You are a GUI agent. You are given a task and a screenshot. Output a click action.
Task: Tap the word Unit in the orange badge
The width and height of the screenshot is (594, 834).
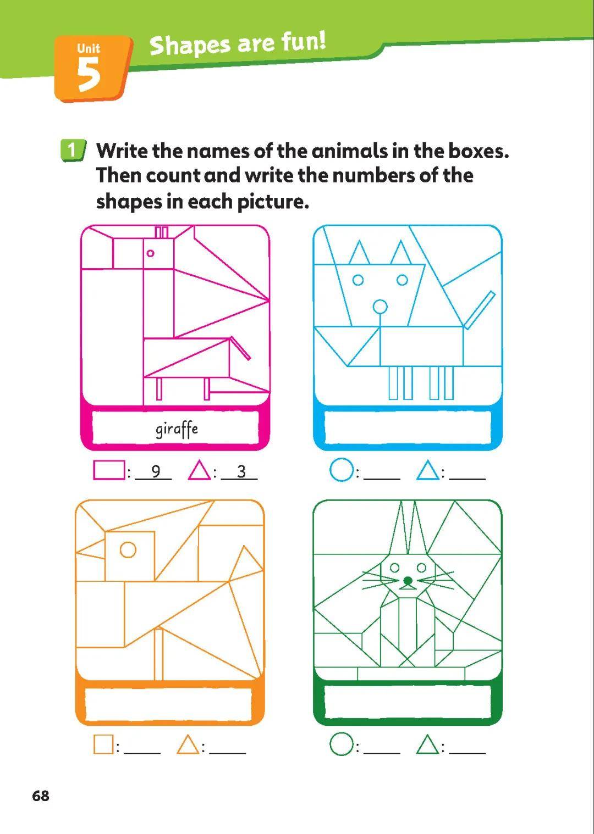click(89, 48)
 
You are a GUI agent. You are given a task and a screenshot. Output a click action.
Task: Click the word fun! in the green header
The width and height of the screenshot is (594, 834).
click(303, 41)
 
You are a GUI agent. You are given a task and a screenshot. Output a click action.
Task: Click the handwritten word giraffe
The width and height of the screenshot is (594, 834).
click(177, 430)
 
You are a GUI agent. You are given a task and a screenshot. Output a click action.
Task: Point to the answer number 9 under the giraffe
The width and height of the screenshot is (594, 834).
click(156, 471)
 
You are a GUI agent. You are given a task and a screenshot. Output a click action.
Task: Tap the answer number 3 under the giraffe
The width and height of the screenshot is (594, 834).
click(241, 472)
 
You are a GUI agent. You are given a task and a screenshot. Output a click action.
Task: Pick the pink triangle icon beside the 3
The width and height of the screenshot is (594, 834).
click(200, 470)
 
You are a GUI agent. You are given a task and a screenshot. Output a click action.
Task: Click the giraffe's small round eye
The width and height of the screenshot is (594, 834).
click(150, 253)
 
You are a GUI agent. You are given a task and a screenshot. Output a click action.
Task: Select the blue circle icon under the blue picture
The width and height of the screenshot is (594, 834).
click(342, 471)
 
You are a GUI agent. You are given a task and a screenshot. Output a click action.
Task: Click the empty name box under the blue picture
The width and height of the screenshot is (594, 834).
click(408, 427)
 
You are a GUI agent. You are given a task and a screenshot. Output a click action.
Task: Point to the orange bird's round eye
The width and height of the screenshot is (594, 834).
click(128, 549)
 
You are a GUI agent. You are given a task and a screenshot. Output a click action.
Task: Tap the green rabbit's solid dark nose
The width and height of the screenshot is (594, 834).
click(408, 580)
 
